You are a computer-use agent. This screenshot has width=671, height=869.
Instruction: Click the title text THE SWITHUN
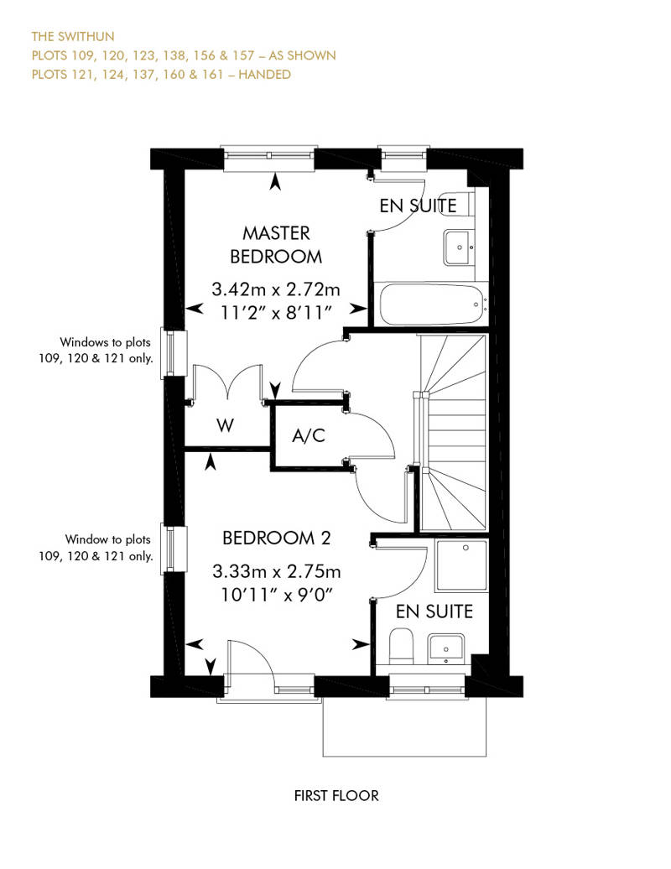pos(73,37)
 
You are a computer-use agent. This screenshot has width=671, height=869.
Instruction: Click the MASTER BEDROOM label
pos(276,244)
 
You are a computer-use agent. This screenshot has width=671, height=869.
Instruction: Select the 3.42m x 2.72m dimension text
pos(276,290)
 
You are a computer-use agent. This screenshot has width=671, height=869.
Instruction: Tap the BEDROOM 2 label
pos(281,538)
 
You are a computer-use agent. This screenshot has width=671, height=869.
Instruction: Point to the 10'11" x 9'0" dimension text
pos(276,594)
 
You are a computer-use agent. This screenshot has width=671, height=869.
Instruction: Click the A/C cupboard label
pos(308,435)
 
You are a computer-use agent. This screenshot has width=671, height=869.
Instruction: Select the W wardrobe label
pos(225,425)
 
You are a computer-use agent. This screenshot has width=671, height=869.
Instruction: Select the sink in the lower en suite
pos(445,648)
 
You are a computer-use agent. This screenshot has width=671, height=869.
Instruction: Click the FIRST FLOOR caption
pos(336,795)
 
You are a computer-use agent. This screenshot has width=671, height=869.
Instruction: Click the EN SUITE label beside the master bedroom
pos(418,206)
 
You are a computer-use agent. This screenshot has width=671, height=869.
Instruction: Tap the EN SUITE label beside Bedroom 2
pos(434,611)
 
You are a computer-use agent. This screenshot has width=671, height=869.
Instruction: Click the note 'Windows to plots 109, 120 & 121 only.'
pos(106,350)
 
